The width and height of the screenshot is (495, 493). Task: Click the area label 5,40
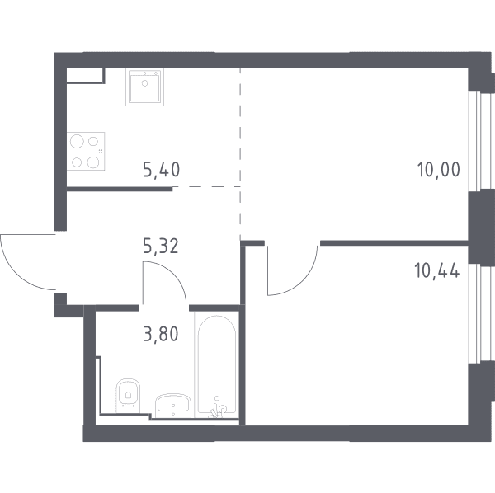tap(162, 169)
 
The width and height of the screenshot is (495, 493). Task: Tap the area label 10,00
tap(439, 169)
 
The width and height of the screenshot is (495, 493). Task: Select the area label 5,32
tap(161, 246)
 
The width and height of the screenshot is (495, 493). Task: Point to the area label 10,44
tap(437, 270)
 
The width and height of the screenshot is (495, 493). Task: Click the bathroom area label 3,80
tap(161, 334)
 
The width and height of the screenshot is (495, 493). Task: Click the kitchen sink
tap(145, 87)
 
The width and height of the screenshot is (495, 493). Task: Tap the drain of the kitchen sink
tap(145, 83)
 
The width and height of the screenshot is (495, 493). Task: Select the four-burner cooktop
tap(86, 152)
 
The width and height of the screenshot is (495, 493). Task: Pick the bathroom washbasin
tap(172, 405)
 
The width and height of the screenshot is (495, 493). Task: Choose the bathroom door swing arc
tap(173, 274)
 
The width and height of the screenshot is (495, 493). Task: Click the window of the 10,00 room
tap(476, 141)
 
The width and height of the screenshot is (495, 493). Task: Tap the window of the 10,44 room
tap(476, 313)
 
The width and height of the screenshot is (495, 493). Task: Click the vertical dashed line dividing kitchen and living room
tap(240, 152)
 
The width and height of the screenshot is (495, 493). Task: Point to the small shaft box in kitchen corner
tap(85, 76)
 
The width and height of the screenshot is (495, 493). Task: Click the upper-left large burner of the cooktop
tap(77, 141)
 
